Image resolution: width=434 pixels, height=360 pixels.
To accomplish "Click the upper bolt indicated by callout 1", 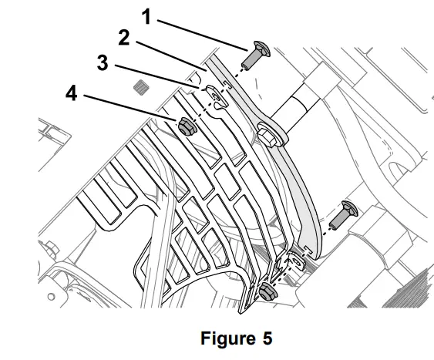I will click(x=253, y=55).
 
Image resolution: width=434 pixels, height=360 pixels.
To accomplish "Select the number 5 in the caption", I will click(x=266, y=338).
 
